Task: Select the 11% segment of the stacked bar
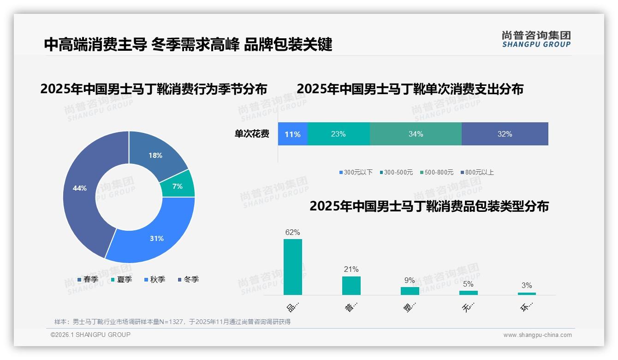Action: pyautogui.click(x=292, y=134)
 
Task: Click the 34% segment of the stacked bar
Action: pyautogui.click(x=416, y=134)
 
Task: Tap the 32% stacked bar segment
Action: pyautogui.click(x=505, y=134)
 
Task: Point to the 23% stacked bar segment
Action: pyautogui.click(x=338, y=134)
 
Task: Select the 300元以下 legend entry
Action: pyautogui.click(x=356, y=173)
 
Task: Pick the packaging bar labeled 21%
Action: pyautogui.click(x=351, y=286)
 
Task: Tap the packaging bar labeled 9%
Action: pyautogui.click(x=410, y=291)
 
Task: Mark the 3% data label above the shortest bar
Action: pyautogui.click(x=527, y=285)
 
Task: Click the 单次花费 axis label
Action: pyautogui.click(x=252, y=134)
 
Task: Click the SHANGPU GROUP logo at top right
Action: pyautogui.click(x=536, y=39)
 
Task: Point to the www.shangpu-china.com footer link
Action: pyautogui.click(x=537, y=335)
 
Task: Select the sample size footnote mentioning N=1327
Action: pyautogui.click(x=172, y=322)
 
